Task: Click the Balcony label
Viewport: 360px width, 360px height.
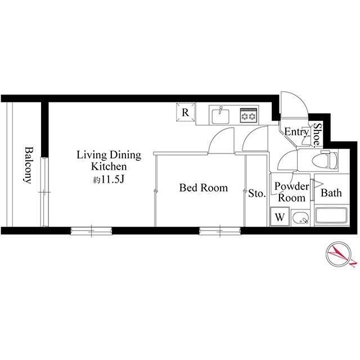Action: point(28,165)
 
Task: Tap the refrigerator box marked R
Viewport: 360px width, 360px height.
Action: point(186,112)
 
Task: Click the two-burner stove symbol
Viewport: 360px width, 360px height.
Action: point(249,115)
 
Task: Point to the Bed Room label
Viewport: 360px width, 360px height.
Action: point(204,188)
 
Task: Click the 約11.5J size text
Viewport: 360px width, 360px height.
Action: point(109,180)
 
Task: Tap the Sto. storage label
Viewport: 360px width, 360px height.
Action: point(257,193)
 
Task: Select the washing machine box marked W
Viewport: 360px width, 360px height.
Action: point(280,216)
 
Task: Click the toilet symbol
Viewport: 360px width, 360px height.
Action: point(325,159)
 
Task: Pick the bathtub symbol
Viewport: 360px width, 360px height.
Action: point(331,215)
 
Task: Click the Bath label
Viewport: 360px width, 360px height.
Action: point(331,193)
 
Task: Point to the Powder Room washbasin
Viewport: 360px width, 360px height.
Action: point(300,217)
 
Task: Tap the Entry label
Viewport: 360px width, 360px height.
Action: point(296,132)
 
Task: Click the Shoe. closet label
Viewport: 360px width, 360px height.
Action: point(317,135)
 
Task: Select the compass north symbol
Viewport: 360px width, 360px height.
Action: point(339,254)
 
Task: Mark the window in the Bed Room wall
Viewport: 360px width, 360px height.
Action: point(220,231)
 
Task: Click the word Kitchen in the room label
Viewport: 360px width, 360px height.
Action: point(109,166)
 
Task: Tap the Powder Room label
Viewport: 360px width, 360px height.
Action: point(291,192)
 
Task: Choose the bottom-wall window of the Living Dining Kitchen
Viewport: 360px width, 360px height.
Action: point(91,231)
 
